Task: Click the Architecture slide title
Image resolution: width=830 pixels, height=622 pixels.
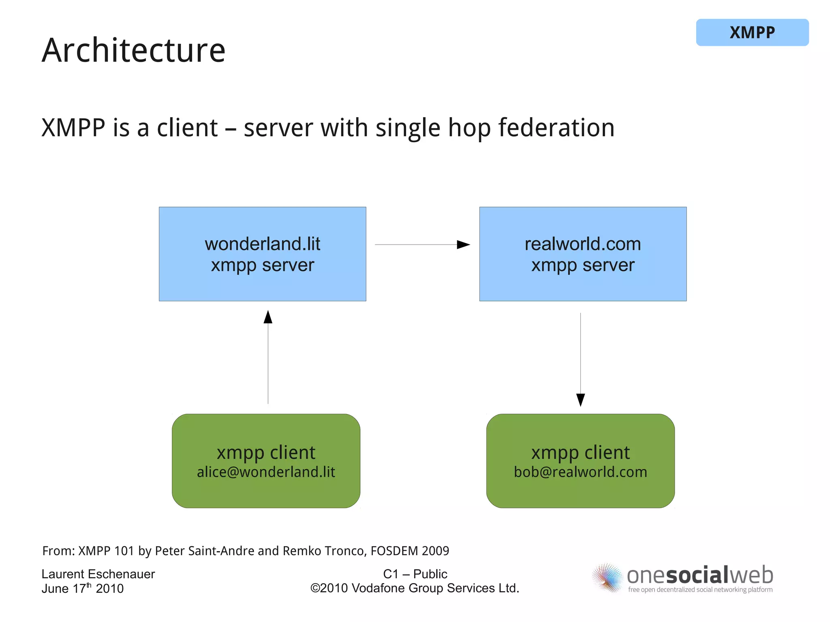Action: [x=133, y=50]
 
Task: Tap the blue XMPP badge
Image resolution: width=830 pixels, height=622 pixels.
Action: [x=752, y=32]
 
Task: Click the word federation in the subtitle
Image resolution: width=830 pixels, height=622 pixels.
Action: [x=556, y=128]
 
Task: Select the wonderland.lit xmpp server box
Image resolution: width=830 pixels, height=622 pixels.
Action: [x=262, y=254]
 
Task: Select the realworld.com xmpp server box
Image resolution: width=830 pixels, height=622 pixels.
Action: [x=582, y=254]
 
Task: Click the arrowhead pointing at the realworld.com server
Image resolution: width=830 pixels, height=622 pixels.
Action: [x=463, y=245]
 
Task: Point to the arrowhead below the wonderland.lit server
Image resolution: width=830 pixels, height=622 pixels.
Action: [x=268, y=317]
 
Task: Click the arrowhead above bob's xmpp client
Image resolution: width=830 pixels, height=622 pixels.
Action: [x=580, y=400]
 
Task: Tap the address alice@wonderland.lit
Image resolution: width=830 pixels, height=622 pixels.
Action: [x=266, y=472]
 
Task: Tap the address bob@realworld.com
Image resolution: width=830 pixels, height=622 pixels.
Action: [x=580, y=472]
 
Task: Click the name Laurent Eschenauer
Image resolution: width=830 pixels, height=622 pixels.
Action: [x=98, y=574]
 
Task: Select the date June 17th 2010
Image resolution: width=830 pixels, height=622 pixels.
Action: [x=82, y=588]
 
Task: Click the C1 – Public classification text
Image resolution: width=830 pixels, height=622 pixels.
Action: [x=415, y=574]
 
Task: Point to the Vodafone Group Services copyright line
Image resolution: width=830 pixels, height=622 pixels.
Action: [x=415, y=588]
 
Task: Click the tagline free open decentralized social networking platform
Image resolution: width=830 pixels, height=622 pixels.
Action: [x=700, y=590]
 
